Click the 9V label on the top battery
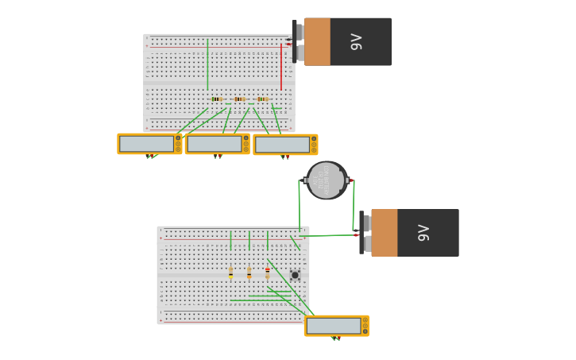tap(357, 42)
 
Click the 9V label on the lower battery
tap(423, 233)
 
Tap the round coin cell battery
tap(327, 180)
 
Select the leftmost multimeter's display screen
tap(146, 144)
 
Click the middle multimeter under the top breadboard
tap(218, 144)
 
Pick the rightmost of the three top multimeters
tap(285, 145)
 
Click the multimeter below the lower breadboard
tap(336, 326)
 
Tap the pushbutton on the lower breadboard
tap(295, 275)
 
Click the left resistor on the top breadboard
tap(216, 99)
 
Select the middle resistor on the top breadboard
tap(239, 99)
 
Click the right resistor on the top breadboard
tap(262, 99)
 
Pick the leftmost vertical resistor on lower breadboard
tap(231, 273)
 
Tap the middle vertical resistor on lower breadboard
tap(249, 273)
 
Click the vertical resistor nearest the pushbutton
tap(268, 273)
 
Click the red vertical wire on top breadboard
tap(281, 68)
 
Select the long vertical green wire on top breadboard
tap(207, 64)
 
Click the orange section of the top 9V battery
tap(317, 42)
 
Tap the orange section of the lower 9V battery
tap(384, 233)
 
